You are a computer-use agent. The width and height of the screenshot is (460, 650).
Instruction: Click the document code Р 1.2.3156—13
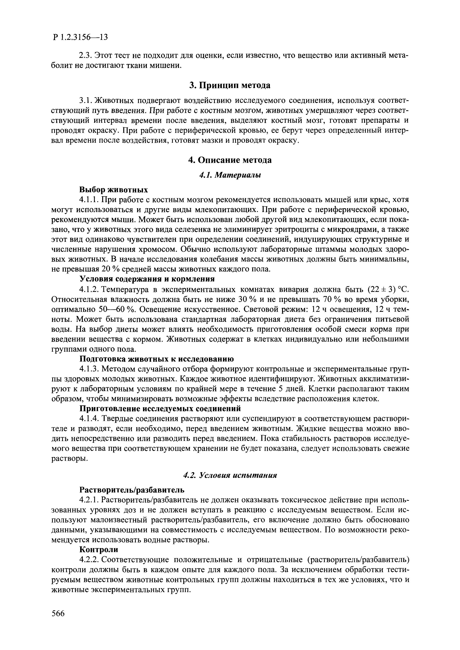pos(80,37)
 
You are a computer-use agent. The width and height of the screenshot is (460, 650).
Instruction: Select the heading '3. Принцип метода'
pos(230,85)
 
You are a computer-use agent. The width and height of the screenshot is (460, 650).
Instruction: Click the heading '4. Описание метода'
pos(230,160)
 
